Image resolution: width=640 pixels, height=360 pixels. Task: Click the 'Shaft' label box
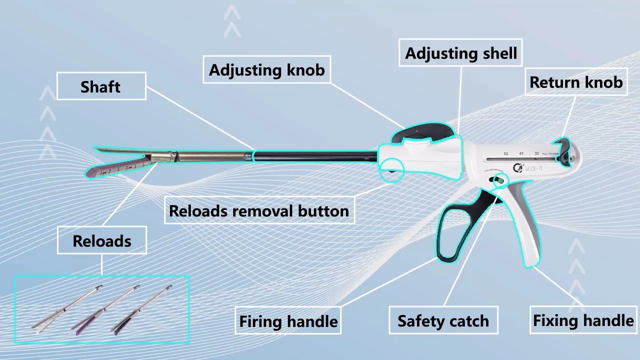pos(101,86)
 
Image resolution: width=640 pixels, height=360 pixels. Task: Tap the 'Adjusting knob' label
pos(266,69)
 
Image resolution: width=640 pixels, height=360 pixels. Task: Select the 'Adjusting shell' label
pos(460,53)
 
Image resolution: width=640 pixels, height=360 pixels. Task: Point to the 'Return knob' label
pos(576,82)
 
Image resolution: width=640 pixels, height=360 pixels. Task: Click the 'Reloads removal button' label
pos(259,210)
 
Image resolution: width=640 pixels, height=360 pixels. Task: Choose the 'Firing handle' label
pos(288,321)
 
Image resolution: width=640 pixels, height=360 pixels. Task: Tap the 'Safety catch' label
pos(443,320)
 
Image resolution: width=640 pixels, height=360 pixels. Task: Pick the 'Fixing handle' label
pos(583,320)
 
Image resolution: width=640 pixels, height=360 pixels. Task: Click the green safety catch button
pos(499,180)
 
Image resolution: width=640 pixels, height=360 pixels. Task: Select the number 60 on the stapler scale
pos(506,153)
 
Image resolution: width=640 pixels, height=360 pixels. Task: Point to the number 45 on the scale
pos(521,153)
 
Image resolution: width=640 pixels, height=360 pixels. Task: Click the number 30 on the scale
pos(536,153)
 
